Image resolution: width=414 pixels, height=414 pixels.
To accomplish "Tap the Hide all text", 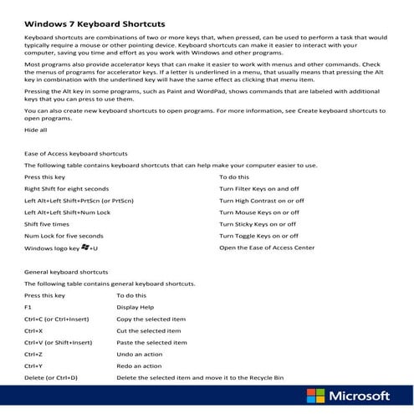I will coord(36,130).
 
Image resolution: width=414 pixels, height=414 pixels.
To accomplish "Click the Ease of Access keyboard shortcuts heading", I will coord(76,155).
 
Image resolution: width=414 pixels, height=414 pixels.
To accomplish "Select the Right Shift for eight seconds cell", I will coord(66,189).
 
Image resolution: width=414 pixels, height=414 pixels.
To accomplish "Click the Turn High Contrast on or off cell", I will coord(262,201).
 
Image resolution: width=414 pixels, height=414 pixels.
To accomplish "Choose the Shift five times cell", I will coord(47,224).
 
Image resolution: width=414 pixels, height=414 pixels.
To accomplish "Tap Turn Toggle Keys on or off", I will coord(258,236).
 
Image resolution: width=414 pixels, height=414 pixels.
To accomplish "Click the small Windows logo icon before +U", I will coord(84,248).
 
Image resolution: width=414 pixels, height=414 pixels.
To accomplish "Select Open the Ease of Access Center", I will coord(267,248).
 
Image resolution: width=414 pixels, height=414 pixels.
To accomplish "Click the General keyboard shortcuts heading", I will coord(66,272).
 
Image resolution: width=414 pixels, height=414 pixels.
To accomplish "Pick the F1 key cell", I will coord(29,307).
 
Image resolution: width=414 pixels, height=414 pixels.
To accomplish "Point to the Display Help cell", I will coord(135,307).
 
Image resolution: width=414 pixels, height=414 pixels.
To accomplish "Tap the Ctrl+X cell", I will coord(34,330).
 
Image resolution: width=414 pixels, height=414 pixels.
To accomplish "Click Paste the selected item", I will coord(152,342).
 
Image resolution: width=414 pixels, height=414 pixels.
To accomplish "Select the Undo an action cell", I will coord(141,354).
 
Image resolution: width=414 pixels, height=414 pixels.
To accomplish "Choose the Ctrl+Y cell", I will coord(34,365).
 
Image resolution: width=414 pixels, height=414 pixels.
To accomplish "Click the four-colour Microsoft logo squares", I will coord(315,396).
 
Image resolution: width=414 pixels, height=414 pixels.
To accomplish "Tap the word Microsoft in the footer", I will coord(360,396).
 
